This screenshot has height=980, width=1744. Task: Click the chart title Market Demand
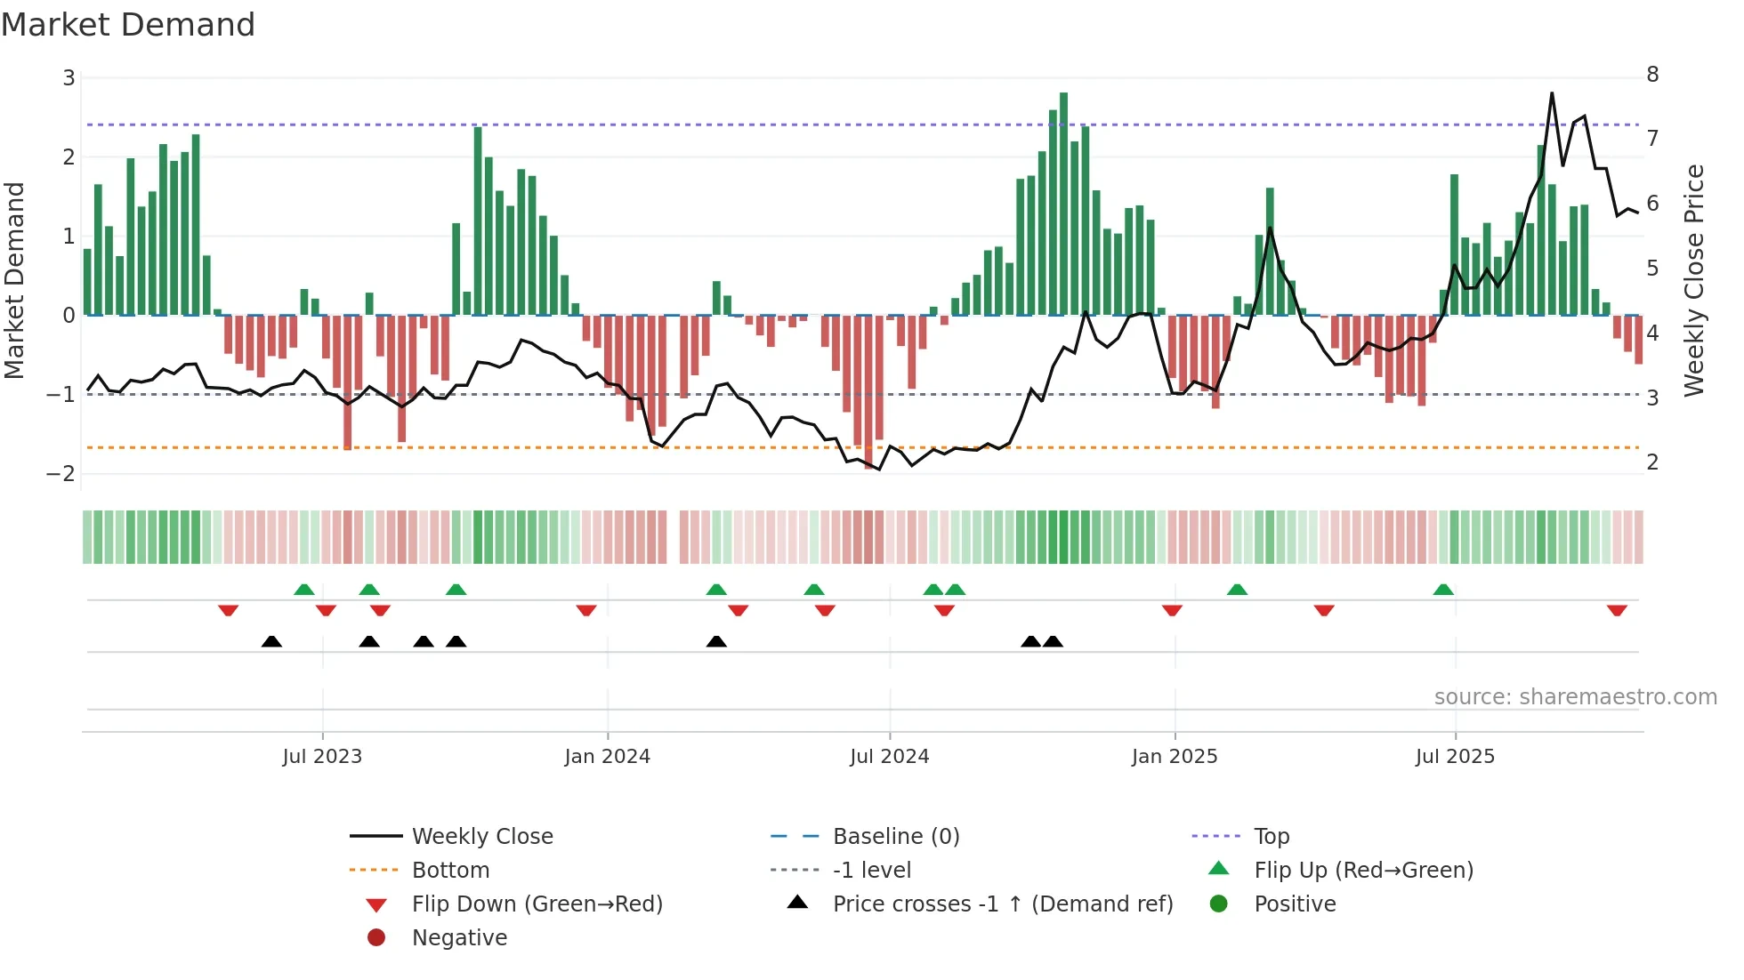pos(128,24)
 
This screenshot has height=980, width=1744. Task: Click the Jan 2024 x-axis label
pos(607,756)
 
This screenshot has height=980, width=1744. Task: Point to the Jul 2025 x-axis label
pos(1455,756)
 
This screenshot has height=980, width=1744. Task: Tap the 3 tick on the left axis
pos(69,77)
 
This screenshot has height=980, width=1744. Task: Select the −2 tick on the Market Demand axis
pos(61,473)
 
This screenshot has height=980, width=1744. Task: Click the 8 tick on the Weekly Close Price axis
pos(1652,74)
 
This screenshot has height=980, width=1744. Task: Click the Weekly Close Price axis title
pos(1694,280)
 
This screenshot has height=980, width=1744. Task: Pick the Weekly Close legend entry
pos(481,836)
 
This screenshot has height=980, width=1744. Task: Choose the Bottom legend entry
pos(450,870)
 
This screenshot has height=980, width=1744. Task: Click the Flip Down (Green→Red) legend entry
pos(537,904)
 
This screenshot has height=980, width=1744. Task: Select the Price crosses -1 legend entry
pos(1002,904)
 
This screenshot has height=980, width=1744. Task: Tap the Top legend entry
pos(1272,836)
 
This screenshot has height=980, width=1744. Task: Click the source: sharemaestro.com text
pos(1575,696)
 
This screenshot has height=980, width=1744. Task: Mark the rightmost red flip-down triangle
pos(1617,610)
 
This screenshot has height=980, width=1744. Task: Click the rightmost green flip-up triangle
pos(1443,590)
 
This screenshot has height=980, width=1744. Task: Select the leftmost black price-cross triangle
pos(271,641)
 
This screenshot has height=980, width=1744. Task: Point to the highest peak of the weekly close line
pos(1552,93)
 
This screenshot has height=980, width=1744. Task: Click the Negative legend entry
pos(459,937)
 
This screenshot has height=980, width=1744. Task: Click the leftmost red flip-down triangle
pos(228,610)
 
